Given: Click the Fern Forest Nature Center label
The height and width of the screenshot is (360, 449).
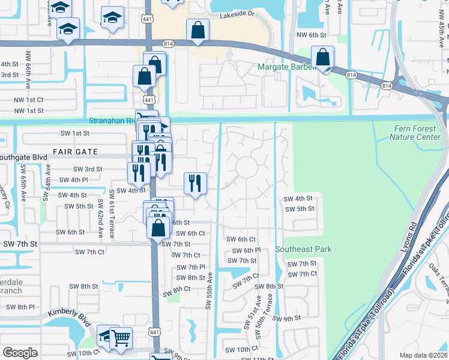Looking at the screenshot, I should tap(415, 133).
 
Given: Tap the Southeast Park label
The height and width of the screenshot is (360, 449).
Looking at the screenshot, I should tap(303, 249).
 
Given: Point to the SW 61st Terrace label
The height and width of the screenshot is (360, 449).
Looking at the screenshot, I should tap(112, 214).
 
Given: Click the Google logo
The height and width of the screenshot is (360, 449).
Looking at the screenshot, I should tap(20, 352).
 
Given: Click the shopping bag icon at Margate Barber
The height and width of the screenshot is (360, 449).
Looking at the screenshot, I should tap(323, 58).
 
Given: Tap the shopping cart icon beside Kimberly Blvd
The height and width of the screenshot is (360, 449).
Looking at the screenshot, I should tap(121, 338).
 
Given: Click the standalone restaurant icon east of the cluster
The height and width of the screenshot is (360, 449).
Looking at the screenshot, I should tap(194, 183).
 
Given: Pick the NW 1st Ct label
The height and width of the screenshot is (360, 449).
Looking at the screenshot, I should tap(29, 100).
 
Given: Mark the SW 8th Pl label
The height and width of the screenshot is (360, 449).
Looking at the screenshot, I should tap(22, 307).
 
